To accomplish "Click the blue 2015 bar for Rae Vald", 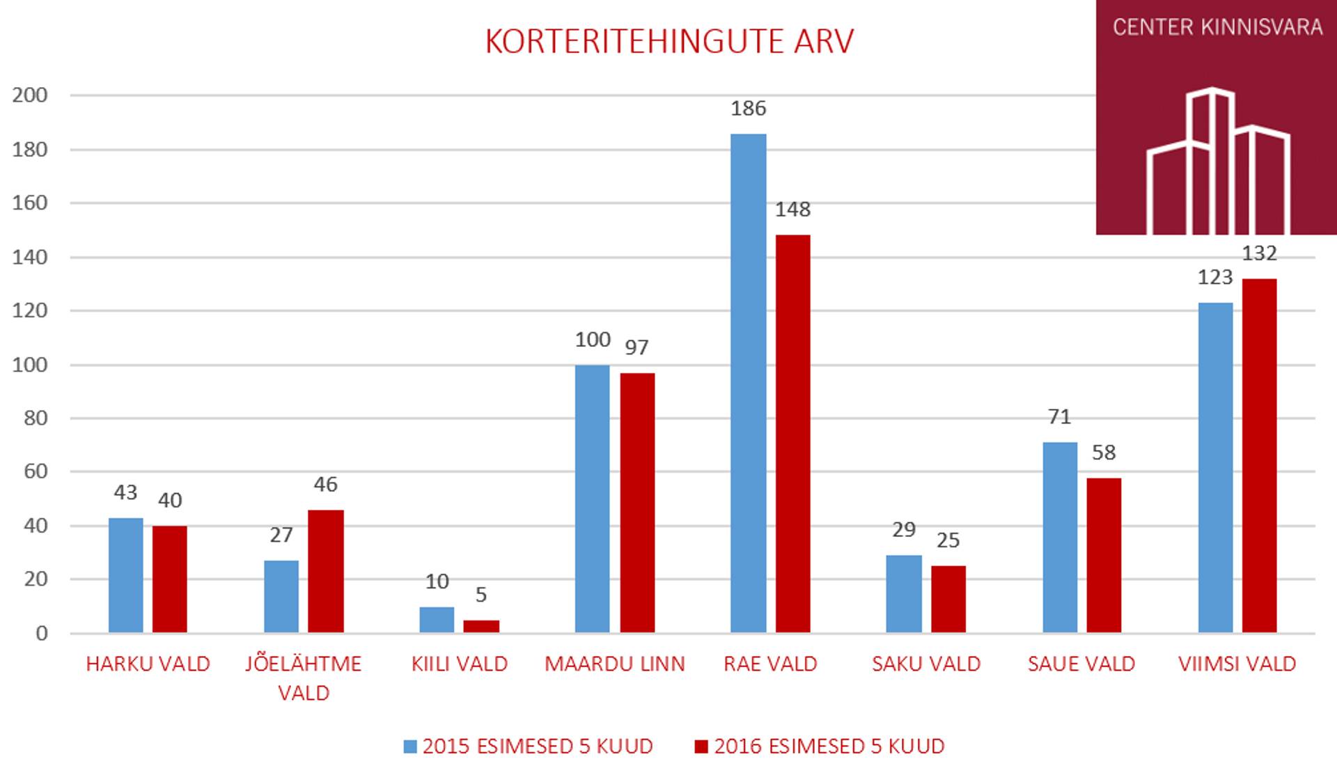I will [748, 383].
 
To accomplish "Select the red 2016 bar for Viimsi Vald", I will [1260, 455].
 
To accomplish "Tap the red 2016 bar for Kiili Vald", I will [481, 626].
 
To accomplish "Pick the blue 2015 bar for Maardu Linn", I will [592, 499].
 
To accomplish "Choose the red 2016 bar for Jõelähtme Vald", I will [326, 571].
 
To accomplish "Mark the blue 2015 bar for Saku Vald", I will [904, 594].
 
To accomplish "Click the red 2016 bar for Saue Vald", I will [1104, 555].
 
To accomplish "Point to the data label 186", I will [748, 109].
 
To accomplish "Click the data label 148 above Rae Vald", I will [792, 210].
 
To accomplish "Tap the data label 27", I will [281, 535].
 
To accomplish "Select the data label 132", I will [1259, 253].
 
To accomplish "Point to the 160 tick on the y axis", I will [30, 203].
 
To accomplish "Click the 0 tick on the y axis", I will [42, 633].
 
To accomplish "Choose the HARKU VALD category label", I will [148, 664].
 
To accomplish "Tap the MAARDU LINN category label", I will [614, 664].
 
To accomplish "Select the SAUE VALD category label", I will [1081, 664].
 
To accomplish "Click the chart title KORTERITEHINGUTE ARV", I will [668, 42].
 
